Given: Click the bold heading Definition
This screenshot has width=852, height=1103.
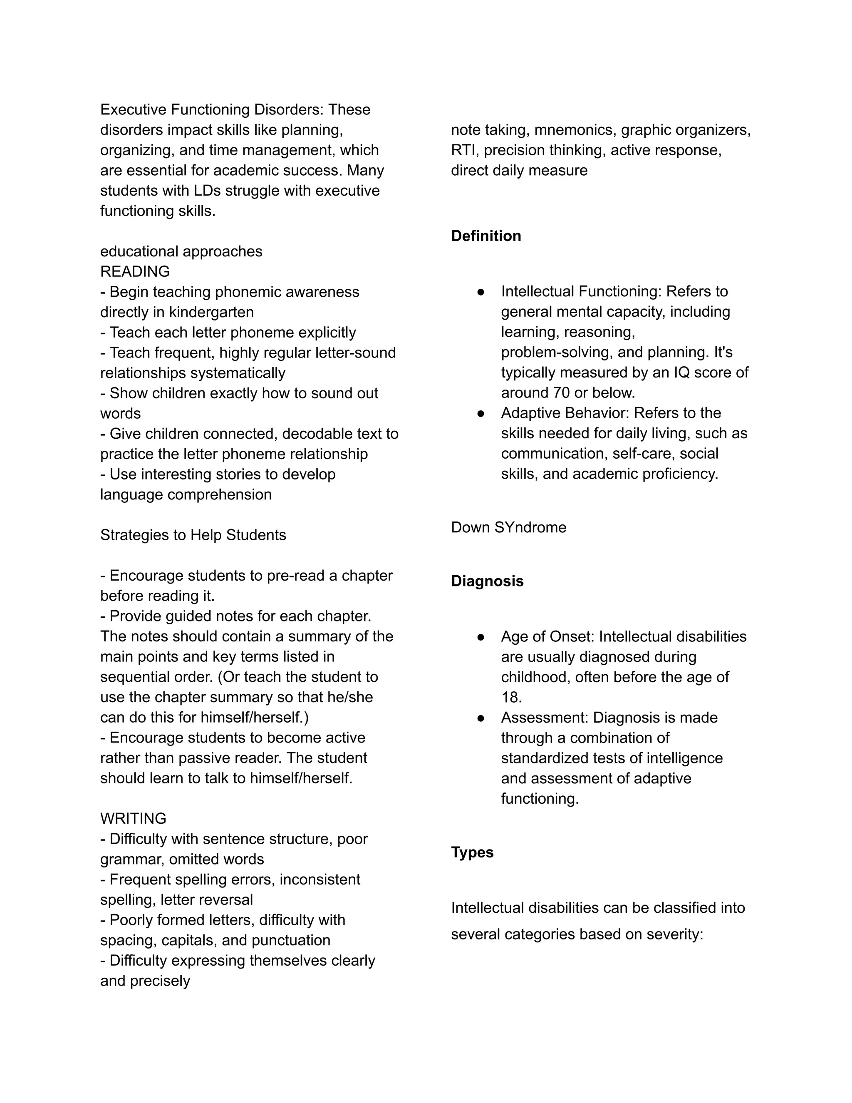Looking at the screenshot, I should pos(485,236).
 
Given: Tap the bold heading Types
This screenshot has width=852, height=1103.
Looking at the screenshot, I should pos(472,852).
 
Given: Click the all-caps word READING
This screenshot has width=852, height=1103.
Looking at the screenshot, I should pos(135,272).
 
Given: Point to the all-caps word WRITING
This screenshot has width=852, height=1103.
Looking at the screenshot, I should pos(133,818).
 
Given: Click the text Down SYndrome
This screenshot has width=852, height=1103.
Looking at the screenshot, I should pos(508,527).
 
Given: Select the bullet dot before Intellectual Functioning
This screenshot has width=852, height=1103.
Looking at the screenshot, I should pos(480,292).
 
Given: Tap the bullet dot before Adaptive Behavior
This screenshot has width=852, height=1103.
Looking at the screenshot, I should pos(480,414).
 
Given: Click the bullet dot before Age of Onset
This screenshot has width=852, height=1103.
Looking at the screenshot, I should pos(480,637).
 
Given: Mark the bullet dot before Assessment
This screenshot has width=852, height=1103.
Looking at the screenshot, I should pos(480,718).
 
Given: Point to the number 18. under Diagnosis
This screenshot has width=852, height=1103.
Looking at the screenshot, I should pos(511,698).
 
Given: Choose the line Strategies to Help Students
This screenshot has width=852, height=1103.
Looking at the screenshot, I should pos(193,535).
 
